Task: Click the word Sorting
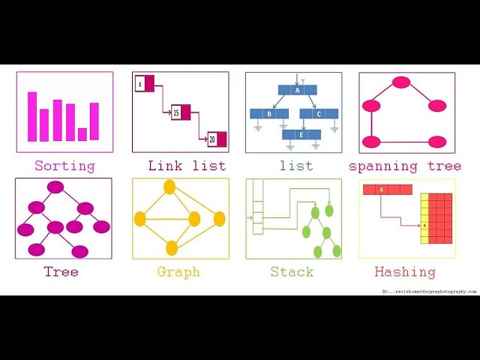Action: [x=64, y=166]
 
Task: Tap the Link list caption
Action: [x=187, y=166]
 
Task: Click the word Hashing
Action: [x=405, y=271]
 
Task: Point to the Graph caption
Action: [x=178, y=271]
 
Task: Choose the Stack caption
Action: [x=292, y=271]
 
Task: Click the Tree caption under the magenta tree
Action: [x=61, y=271]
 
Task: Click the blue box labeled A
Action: [x=297, y=90]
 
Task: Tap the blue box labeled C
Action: [x=318, y=114]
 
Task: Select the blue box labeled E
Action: [x=301, y=135]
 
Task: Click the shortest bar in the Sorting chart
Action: [x=82, y=134]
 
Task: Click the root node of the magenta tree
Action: [x=55, y=187]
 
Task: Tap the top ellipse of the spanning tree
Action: [x=401, y=83]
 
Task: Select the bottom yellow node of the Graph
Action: [x=172, y=247]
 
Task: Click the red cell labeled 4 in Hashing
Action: [x=382, y=190]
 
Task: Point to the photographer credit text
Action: [x=429, y=291]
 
